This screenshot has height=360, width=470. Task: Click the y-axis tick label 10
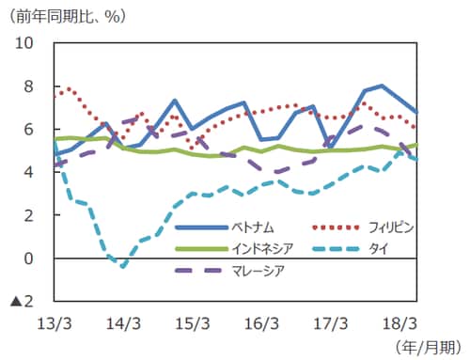pos(22,43)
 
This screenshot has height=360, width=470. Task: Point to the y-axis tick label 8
pos(27,86)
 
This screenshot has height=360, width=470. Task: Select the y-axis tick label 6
pos(27,130)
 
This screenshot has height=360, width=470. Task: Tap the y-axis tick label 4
pos(27,173)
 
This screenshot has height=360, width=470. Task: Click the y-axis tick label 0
pos(27,258)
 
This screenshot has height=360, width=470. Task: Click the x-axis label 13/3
pos(55,322)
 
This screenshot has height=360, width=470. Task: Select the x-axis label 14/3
pos(123,322)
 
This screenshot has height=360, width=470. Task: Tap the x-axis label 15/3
pos(193,322)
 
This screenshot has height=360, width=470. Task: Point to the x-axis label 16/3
pos(261,322)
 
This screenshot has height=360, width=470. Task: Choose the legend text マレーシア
pos(262,271)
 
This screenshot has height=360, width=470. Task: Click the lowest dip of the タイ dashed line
pos(123,266)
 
